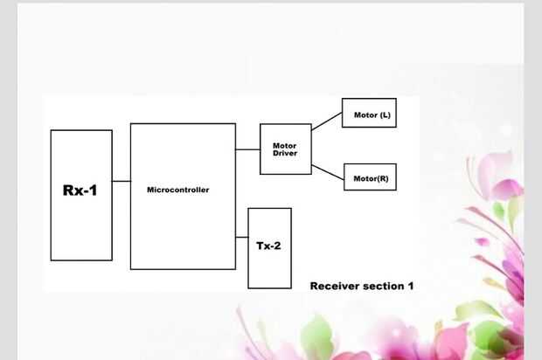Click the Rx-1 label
80,190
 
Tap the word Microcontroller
177,190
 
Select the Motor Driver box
285,149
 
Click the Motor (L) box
368,114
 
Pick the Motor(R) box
371,178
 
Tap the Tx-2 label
268,246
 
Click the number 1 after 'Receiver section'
410,286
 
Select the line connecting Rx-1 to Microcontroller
121,181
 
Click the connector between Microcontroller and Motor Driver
247,149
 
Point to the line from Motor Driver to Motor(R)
327,171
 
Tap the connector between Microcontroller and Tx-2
241,237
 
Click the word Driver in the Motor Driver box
285,154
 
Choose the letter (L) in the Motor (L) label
385,114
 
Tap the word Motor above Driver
285,145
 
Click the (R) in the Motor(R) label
383,178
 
